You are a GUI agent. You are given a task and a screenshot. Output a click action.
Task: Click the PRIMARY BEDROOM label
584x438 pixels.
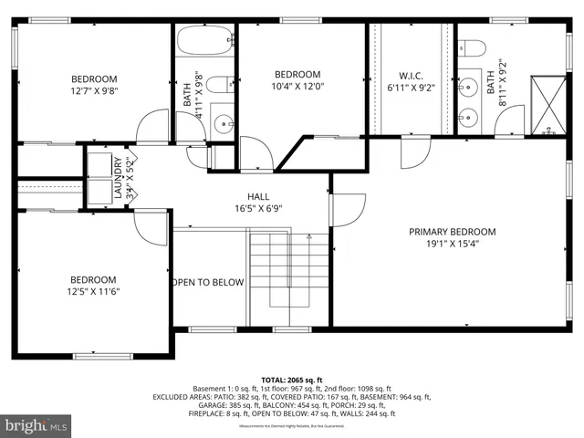(x=451, y=231)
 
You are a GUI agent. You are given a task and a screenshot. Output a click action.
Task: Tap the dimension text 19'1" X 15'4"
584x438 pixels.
(x=451, y=244)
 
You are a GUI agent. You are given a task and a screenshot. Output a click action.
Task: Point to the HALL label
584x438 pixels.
(x=258, y=196)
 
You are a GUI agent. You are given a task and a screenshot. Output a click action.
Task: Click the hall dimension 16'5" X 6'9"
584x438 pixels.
(x=258, y=208)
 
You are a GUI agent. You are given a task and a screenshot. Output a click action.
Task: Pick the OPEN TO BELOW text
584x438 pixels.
(x=208, y=282)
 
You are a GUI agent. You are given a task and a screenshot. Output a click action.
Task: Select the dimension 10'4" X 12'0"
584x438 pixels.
(x=298, y=87)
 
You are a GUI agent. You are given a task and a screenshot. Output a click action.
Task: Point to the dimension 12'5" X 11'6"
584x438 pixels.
(x=94, y=292)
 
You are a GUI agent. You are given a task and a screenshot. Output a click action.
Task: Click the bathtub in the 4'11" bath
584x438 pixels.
(x=204, y=42)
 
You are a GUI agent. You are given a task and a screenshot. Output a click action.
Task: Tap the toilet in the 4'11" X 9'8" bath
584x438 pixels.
(x=217, y=85)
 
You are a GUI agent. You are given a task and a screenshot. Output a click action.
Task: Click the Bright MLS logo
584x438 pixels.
(x=37, y=425)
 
